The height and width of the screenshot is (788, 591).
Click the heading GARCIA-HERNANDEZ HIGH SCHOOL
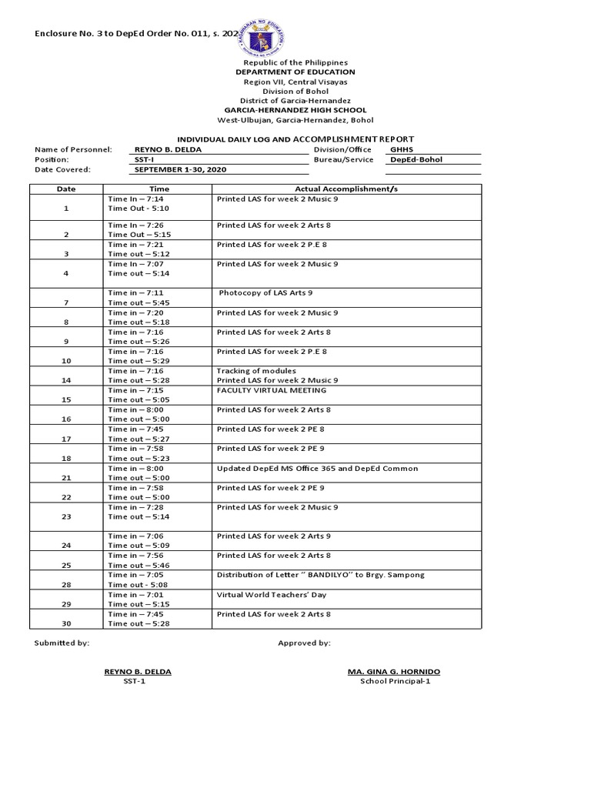point(295,110)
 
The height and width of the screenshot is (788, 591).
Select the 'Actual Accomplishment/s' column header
point(346,189)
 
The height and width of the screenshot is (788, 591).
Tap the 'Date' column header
point(66,189)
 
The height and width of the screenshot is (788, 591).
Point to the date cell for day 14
point(66,380)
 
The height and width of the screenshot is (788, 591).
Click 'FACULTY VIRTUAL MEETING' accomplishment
point(266,390)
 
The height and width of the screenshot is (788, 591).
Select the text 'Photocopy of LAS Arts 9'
point(265,293)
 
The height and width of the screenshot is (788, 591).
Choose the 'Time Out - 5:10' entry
point(139,209)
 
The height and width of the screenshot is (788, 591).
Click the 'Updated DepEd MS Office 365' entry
point(317,468)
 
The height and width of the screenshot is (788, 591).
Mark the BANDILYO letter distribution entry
point(320,575)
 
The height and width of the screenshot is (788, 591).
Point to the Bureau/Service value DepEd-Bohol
point(416,160)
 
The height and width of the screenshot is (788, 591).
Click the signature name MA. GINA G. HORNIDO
point(394,672)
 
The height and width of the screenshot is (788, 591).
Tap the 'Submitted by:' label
point(62,643)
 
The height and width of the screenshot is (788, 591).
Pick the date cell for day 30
point(66,623)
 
